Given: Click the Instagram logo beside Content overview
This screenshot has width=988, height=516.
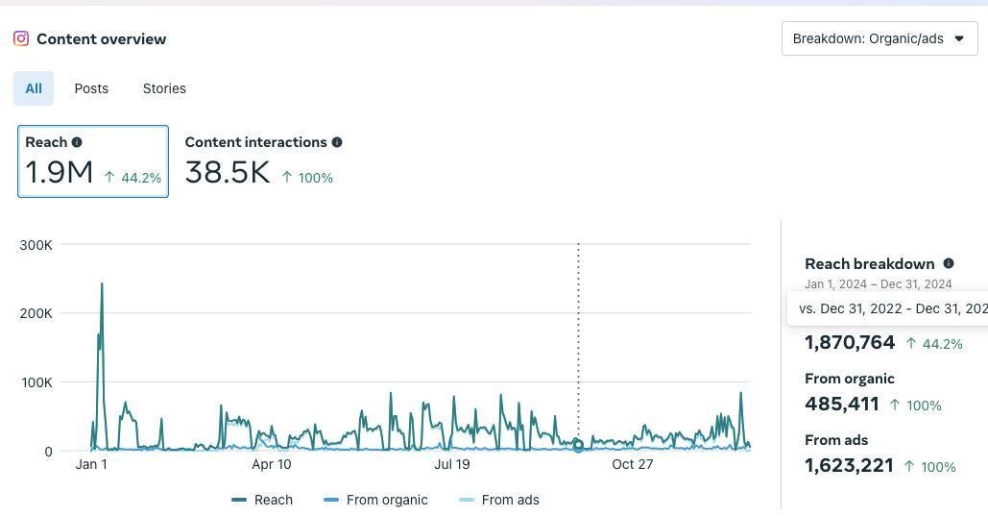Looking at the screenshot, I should point(21,38).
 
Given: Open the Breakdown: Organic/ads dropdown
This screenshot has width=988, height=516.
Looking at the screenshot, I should point(879,38).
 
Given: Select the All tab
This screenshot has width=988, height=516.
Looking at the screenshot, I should point(34,88).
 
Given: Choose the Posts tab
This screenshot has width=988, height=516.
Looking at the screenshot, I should point(91,88).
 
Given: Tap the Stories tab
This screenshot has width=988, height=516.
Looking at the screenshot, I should point(164,88).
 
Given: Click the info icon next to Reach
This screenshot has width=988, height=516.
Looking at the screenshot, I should point(77,142).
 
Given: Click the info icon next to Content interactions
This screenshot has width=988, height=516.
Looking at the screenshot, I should point(337,142).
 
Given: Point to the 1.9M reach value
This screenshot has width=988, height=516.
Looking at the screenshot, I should point(59,173).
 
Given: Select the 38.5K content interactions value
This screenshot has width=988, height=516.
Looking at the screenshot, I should point(228,173).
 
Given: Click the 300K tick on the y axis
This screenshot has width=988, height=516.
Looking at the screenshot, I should point(36,245).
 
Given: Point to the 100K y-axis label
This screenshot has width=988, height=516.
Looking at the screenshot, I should point(36,382).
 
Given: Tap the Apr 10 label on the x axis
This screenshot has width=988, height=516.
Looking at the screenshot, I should point(272,465).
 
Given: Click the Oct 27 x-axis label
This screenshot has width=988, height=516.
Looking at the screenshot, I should point(633,465).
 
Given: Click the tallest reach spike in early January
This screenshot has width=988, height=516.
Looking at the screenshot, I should point(102,284).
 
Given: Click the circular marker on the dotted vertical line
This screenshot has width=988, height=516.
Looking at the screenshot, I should point(578,446).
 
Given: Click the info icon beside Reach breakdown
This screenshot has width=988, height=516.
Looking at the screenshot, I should point(949,263).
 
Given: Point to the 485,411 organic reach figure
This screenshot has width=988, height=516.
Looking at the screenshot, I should point(842,404).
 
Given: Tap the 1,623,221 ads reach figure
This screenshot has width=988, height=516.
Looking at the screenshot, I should point(849,465).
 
